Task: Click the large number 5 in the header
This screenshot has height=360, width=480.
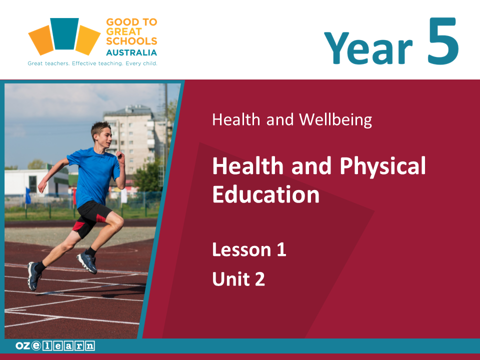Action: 443,41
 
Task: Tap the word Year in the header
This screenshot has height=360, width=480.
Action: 368,48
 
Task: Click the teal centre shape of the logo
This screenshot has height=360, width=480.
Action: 64,33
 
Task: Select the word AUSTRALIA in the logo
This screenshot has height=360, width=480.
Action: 131,52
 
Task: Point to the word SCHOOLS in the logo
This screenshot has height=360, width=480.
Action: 131,41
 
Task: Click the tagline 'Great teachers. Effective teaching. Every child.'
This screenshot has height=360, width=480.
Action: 92,63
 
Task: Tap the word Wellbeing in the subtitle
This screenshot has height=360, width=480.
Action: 335,119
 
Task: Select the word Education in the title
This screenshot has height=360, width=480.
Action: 265,194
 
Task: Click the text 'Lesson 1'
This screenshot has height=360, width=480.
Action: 249,249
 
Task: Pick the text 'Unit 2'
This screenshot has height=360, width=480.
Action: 238,279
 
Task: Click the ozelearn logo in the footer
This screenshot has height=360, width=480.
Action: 55,346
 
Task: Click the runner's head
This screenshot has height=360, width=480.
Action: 101,134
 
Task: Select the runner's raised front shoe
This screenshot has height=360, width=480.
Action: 87,262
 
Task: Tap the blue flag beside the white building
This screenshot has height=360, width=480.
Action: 28,196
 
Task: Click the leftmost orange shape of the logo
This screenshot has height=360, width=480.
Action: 41,40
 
